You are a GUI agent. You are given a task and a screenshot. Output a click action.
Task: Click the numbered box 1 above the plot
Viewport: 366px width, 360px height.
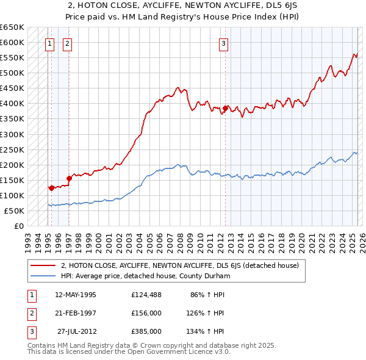(49, 43)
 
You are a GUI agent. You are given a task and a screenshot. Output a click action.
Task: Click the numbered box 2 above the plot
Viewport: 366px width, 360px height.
(66, 43)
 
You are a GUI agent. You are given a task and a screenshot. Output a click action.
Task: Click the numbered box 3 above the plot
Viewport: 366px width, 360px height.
(224, 43)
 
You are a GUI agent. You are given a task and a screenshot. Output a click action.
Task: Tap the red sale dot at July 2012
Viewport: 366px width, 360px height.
(225, 109)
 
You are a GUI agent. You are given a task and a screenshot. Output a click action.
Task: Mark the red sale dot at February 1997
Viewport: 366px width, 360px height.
(69, 178)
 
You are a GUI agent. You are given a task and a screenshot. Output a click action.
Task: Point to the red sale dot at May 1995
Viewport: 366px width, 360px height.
(51, 188)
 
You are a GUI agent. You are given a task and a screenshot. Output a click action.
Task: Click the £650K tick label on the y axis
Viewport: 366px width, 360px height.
(12, 27)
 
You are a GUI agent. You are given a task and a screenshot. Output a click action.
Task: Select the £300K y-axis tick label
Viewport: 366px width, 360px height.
(12, 134)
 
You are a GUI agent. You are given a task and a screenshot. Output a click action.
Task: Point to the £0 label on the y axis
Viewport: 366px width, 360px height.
(18, 226)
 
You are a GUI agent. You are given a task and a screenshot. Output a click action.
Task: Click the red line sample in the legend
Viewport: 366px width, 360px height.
(43, 265)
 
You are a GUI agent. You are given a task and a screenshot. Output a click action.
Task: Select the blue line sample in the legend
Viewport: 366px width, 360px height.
(43, 276)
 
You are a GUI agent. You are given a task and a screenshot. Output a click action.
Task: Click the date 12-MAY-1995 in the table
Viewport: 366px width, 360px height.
(76, 295)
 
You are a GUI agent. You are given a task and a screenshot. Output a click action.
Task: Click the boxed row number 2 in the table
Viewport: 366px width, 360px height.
(31, 313)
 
